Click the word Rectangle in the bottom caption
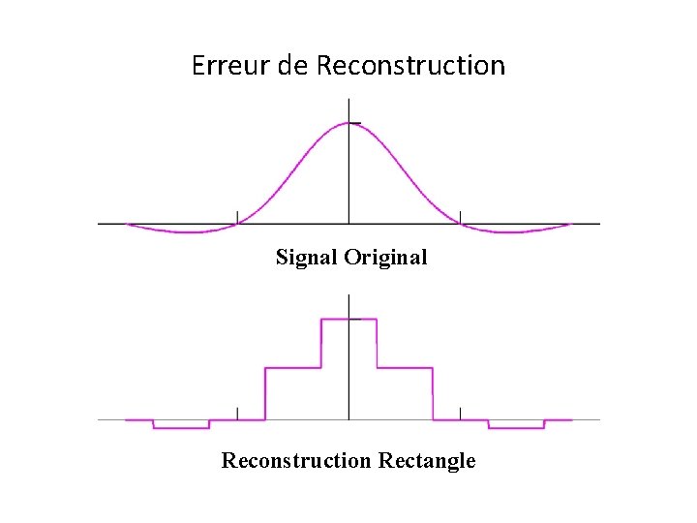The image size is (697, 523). pos(426,460)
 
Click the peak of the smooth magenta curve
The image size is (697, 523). pos(348,123)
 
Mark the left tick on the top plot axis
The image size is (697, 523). pos(237,217)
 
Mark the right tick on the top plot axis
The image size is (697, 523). pos(460,217)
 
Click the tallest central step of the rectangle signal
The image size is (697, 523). pos(348,319)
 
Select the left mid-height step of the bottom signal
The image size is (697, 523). pos(292,368)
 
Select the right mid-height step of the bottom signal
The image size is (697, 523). pos(405,368)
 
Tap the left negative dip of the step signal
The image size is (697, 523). pos(181,427)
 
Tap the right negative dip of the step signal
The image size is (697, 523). pos(516,427)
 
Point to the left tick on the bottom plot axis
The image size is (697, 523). pos(237,414)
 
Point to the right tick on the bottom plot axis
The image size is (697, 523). pos(460,414)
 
